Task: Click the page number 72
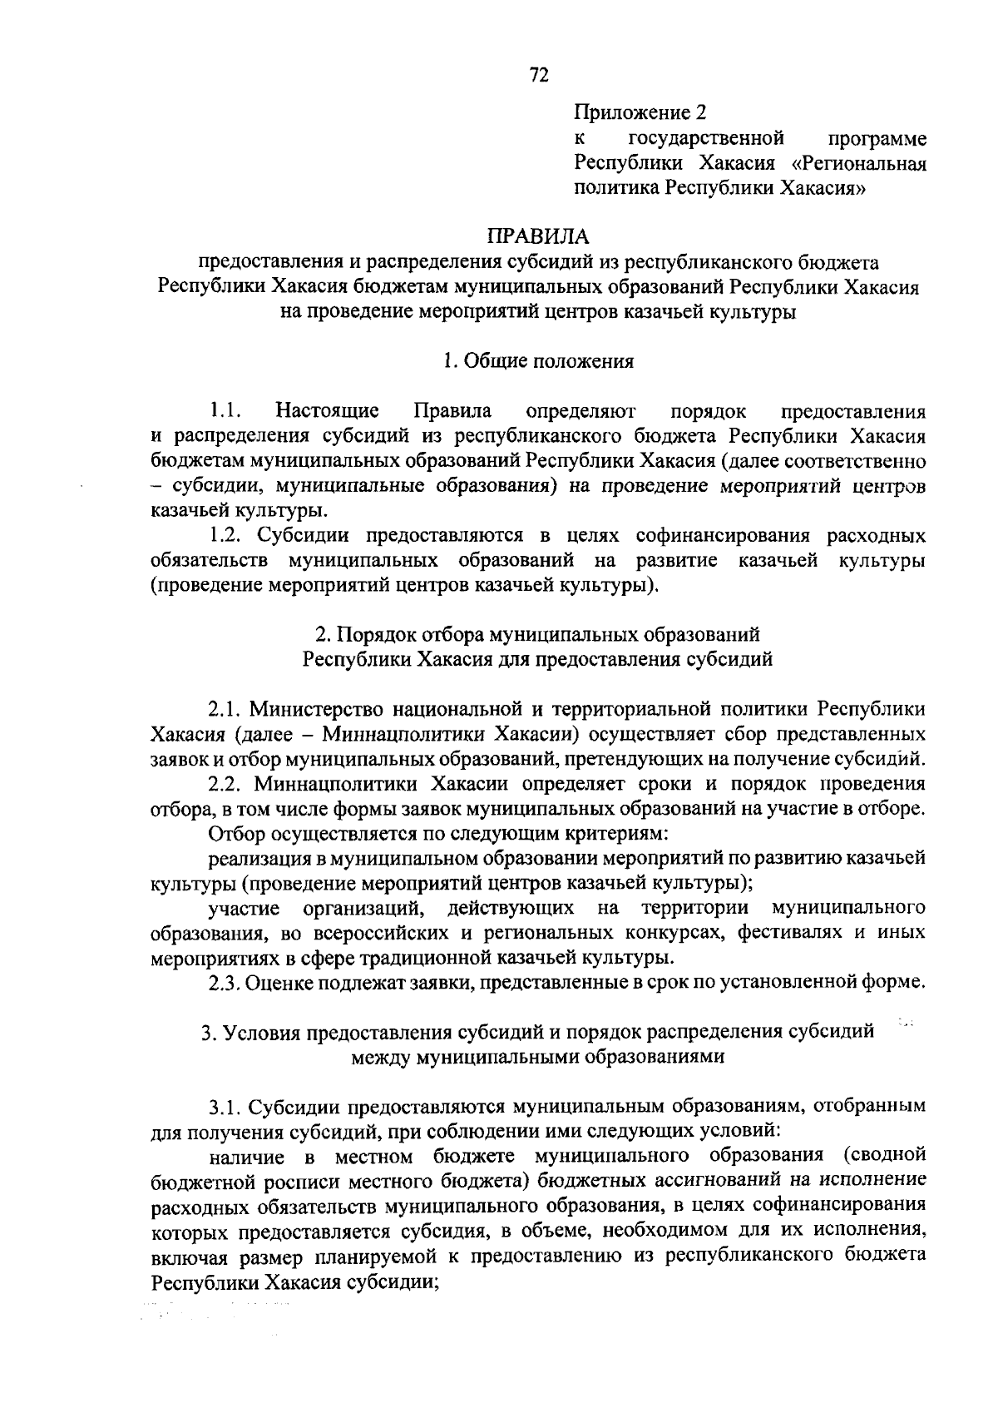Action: pyautogui.click(x=538, y=76)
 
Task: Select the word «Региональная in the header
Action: pyautogui.click(x=860, y=162)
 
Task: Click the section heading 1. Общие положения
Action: pyautogui.click(x=538, y=361)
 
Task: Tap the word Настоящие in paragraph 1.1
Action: pyautogui.click(x=328, y=410)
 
